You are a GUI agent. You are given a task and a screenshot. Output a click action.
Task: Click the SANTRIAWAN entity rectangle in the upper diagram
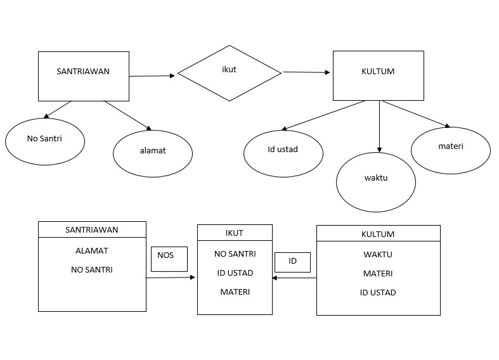[x=83, y=76]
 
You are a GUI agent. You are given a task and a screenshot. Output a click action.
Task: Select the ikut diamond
[x=229, y=73]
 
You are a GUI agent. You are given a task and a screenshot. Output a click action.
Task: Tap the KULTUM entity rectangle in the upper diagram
[x=378, y=75]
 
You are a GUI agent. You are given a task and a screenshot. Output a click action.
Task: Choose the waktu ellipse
[x=375, y=181]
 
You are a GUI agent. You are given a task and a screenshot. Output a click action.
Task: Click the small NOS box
[x=169, y=259]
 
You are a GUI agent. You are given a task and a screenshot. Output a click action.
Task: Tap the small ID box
[x=292, y=262]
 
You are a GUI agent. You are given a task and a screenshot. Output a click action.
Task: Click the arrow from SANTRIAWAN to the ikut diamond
[x=152, y=76]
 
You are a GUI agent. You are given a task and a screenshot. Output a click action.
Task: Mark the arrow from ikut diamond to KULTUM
[x=307, y=72]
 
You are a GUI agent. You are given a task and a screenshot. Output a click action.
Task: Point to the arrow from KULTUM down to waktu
[x=379, y=127]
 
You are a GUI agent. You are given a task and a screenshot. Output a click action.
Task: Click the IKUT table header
[x=235, y=233]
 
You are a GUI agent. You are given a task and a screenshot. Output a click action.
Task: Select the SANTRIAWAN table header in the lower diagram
[x=92, y=229]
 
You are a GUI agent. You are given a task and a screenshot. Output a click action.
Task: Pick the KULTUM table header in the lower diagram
[x=378, y=233]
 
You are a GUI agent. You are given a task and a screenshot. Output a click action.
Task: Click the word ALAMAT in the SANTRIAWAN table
[x=92, y=250]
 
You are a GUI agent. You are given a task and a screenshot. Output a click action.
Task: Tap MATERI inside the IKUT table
[x=235, y=292]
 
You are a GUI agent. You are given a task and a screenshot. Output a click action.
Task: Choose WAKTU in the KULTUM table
[x=378, y=254]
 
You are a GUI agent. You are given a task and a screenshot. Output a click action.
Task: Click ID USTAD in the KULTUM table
[x=378, y=292]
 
